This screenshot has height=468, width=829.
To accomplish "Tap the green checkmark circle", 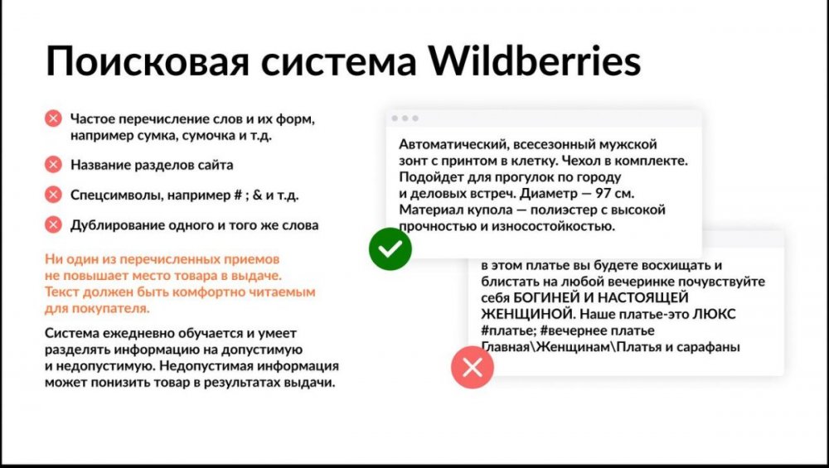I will (x=390, y=248).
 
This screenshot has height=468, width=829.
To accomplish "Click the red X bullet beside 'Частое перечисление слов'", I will (x=54, y=119).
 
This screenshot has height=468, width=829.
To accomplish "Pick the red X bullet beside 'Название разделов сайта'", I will (x=54, y=165).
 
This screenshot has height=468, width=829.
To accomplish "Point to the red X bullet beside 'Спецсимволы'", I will (x=54, y=195).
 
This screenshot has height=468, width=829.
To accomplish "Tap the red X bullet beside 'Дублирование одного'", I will (x=54, y=224).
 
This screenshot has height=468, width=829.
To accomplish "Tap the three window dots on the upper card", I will (x=405, y=118).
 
